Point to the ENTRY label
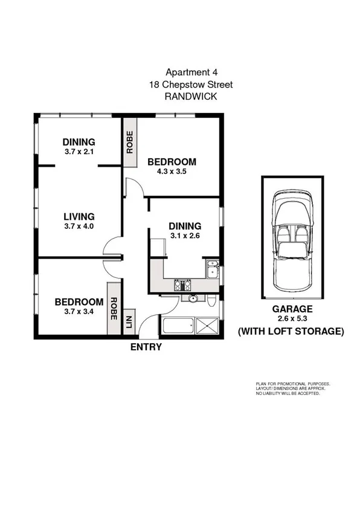pos(146,347)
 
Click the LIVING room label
pos(79,216)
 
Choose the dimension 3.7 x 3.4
pos(79,313)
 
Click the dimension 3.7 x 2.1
pos(79,152)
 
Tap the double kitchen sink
pos(212,268)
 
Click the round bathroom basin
pos(193,298)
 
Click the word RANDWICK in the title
pos(190,96)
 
